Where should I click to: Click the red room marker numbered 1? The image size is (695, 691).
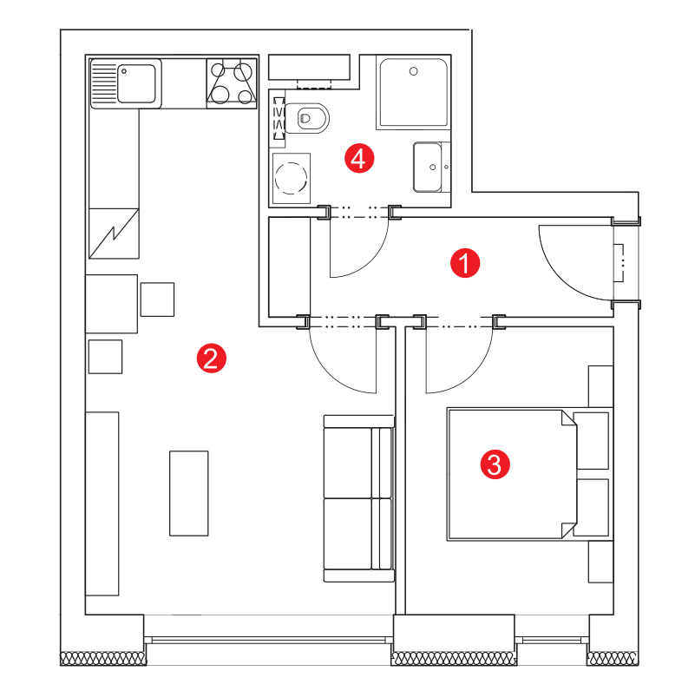click(x=464, y=263)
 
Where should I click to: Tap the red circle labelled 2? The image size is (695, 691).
click(x=212, y=358)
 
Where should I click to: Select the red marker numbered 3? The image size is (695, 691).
click(x=495, y=464)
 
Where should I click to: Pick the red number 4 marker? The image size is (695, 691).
click(x=359, y=158)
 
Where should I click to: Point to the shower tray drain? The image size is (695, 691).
click(x=414, y=71)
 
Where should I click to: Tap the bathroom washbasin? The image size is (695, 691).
click(x=428, y=167)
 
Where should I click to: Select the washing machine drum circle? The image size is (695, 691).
click(x=291, y=178)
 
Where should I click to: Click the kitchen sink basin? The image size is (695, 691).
click(x=136, y=83)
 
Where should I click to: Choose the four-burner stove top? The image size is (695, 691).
click(x=232, y=83)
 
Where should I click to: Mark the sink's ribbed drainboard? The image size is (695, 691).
click(x=104, y=83)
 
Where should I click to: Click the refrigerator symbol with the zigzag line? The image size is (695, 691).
click(x=114, y=234)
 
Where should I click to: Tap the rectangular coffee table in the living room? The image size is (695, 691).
click(x=189, y=493)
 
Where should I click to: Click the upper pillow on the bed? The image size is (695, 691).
click(x=591, y=440)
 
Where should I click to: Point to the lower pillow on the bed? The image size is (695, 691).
click(x=591, y=507)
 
